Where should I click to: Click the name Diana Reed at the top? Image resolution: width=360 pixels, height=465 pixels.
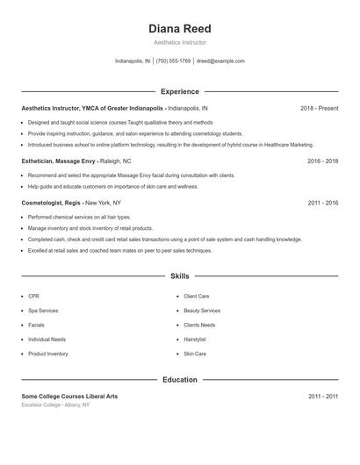[x=180, y=29]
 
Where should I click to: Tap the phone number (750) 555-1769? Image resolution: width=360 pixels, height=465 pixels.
[x=174, y=61]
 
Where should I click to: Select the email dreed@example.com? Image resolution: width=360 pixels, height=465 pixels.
[x=220, y=61]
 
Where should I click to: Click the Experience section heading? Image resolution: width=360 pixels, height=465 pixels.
[x=180, y=91]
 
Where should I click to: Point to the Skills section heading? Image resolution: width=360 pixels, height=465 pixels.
[x=180, y=275]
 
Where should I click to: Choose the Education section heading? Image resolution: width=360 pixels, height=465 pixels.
[x=180, y=380]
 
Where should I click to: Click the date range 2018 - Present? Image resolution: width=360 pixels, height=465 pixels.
[x=319, y=108]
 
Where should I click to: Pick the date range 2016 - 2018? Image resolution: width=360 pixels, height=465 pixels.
[x=322, y=161]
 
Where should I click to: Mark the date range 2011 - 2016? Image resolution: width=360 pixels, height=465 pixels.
[x=322, y=203]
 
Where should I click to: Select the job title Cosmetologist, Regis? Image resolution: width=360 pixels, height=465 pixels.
[x=52, y=203]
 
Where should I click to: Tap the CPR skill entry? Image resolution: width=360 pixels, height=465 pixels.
[x=33, y=297]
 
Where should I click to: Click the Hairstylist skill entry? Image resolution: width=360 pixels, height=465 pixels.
[x=195, y=340]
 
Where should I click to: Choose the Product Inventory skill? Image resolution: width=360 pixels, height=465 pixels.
[x=47, y=354]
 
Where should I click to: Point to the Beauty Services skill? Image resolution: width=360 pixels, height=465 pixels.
[x=202, y=311]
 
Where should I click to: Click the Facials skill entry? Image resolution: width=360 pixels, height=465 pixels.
[x=37, y=325]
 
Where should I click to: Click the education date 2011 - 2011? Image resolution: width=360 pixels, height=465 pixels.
[x=322, y=397]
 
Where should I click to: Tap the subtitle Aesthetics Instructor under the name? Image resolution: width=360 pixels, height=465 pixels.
[x=180, y=42]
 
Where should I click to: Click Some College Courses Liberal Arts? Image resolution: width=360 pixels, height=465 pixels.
[x=69, y=397]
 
